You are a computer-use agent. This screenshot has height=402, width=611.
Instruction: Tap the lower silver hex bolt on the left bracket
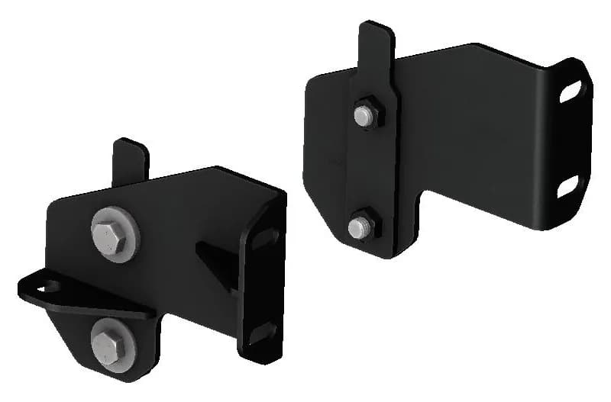coord(109,345)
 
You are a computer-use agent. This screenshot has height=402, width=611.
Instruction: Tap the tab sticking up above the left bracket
coord(131,160)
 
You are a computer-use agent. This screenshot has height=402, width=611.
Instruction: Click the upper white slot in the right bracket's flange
coord(571,91)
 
